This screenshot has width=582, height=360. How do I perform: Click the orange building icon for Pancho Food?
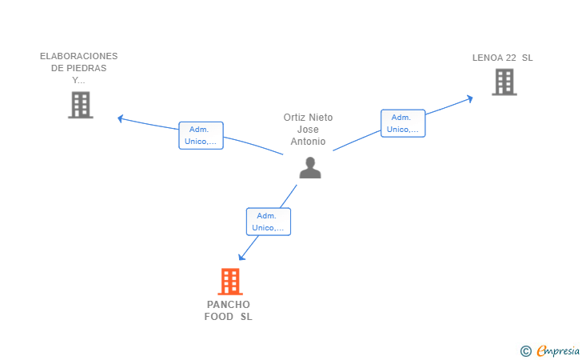(x=230, y=282)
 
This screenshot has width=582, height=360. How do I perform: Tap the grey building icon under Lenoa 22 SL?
(x=504, y=82)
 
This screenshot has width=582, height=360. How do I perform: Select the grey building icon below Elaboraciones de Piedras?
(x=81, y=105)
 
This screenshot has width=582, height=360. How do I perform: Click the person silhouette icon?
(x=310, y=167)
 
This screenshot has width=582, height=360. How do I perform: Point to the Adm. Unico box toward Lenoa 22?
(x=403, y=123)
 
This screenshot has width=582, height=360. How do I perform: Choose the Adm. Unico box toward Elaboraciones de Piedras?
(x=201, y=135)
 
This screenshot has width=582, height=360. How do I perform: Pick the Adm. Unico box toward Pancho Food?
(x=269, y=222)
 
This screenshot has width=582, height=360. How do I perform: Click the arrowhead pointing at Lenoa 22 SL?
(x=470, y=99)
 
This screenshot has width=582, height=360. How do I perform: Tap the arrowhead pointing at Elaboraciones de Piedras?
(x=120, y=118)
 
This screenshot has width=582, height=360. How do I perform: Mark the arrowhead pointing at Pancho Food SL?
(x=241, y=256)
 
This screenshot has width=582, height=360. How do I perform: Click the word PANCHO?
(x=229, y=305)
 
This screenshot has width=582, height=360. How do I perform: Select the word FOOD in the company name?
(x=218, y=317)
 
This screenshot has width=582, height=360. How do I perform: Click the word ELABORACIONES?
(x=78, y=56)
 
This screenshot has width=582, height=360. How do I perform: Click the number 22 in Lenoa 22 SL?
(x=511, y=58)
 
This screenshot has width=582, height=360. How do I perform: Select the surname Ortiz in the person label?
(x=295, y=118)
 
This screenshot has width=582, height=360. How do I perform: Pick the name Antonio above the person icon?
(x=308, y=142)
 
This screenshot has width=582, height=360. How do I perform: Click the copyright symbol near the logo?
(x=525, y=351)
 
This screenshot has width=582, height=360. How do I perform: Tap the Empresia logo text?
(x=558, y=350)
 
